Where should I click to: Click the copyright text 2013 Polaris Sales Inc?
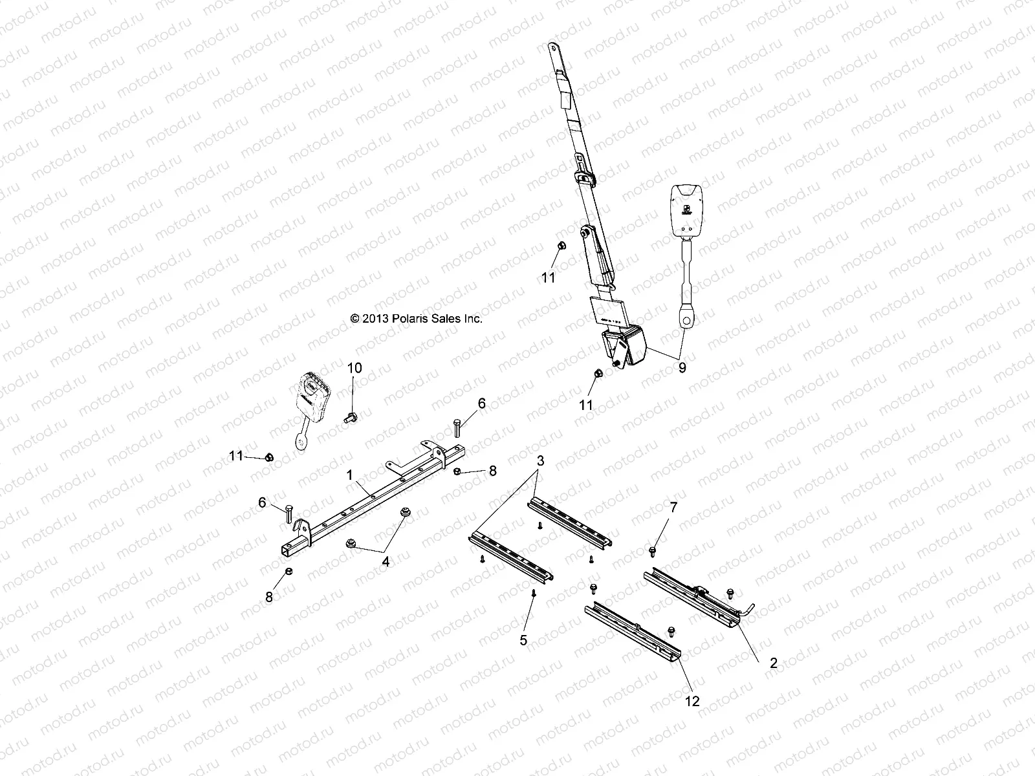(416, 318)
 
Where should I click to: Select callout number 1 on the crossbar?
(349, 475)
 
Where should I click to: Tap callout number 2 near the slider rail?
(773, 663)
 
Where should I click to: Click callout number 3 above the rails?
(541, 461)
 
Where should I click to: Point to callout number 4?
(386, 562)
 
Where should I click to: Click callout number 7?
(673, 508)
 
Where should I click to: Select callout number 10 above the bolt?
(354, 368)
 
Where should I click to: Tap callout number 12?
(692, 701)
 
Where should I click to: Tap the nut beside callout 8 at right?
(457, 471)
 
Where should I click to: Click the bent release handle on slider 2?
(750, 609)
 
